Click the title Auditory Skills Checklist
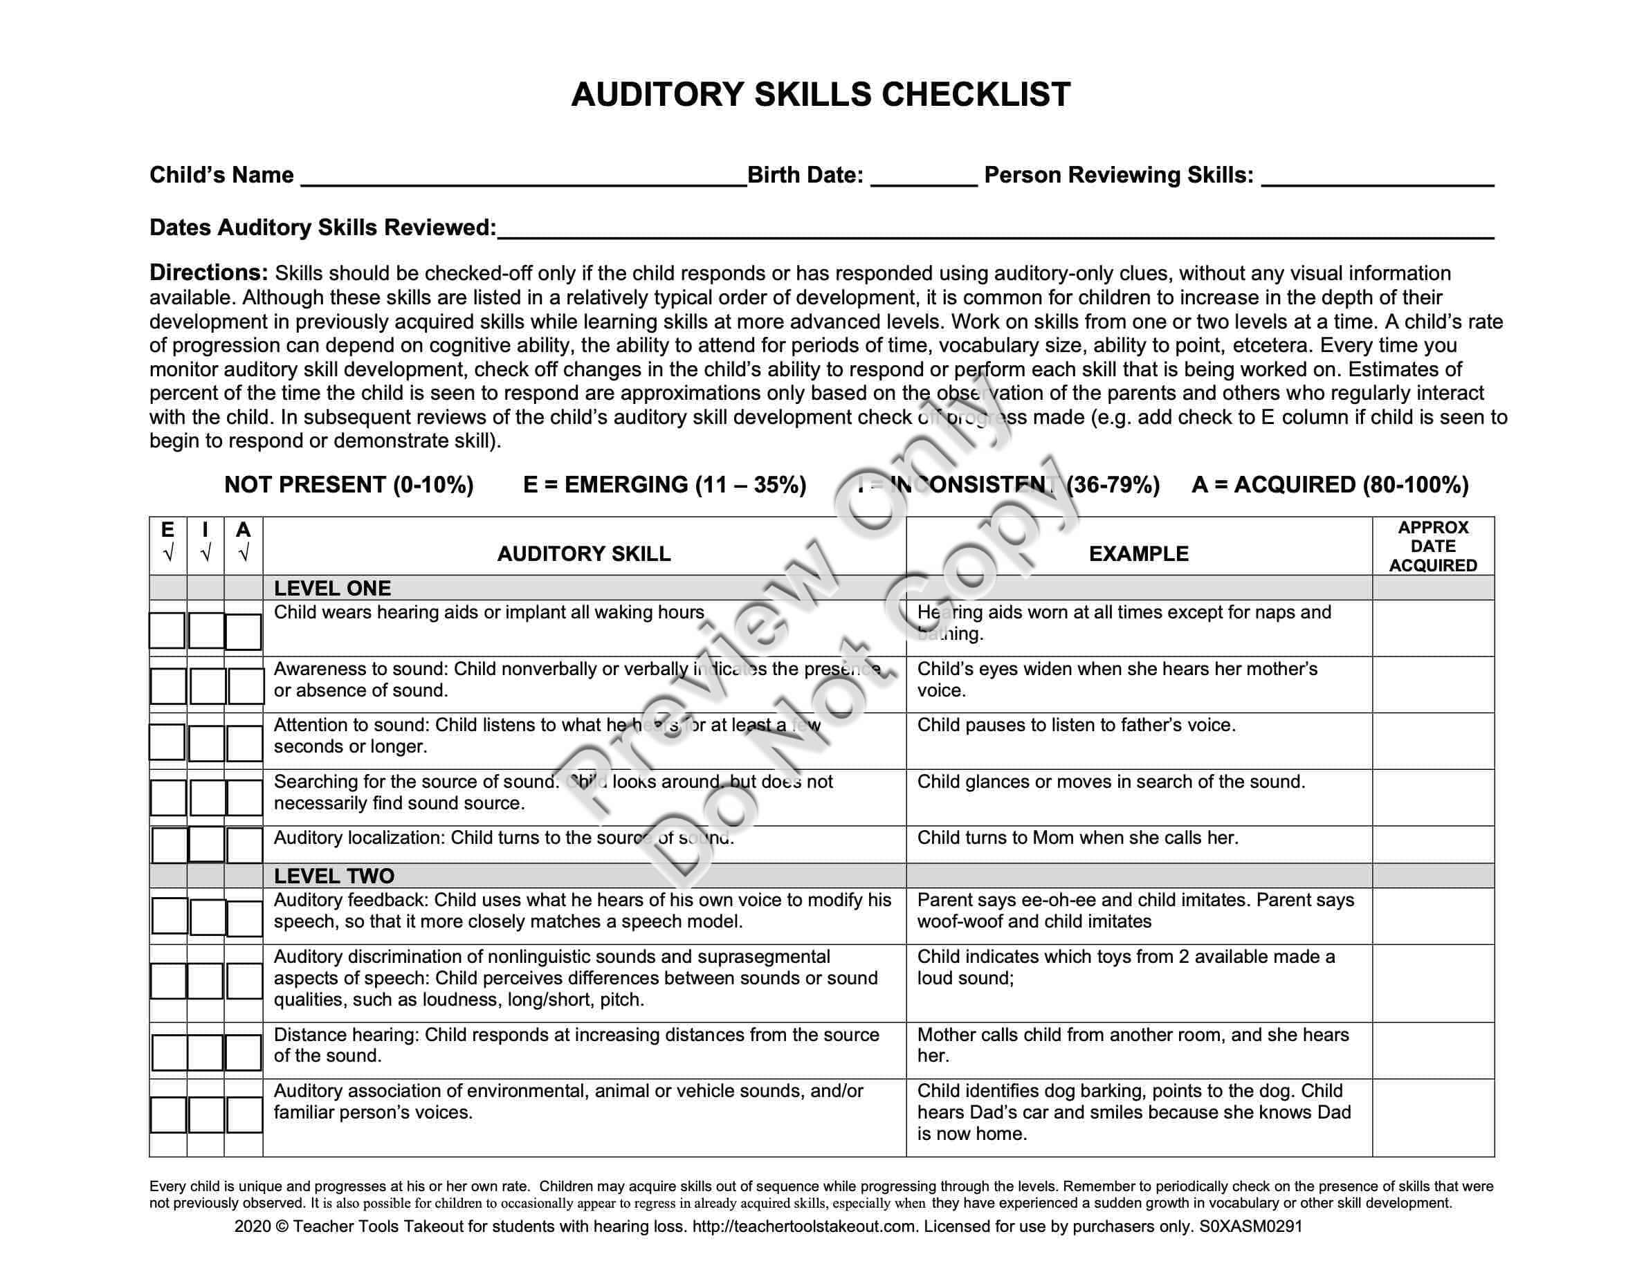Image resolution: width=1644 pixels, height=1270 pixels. (821, 95)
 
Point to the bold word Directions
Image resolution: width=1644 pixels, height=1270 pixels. (208, 273)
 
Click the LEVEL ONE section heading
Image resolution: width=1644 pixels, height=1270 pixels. (332, 589)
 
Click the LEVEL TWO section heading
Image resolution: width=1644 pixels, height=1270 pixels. (334, 876)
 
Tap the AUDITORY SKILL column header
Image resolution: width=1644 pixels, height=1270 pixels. (583, 554)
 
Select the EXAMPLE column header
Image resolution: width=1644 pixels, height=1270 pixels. (1138, 554)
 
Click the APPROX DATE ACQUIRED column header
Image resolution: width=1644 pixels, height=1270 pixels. (1432, 546)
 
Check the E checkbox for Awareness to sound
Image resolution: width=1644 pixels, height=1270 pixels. (168, 686)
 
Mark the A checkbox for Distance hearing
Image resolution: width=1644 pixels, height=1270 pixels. (243, 1053)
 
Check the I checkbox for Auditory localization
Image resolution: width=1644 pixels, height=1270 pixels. (206, 844)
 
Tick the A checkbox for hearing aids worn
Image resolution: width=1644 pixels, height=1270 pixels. (243, 632)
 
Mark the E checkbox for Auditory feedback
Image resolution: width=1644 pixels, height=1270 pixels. (170, 916)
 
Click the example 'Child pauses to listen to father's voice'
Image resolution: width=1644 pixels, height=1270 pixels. (1076, 726)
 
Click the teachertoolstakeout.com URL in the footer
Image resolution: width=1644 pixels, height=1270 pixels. (804, 1226)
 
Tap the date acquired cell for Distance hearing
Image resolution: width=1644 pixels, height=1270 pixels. (1432, 1050)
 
